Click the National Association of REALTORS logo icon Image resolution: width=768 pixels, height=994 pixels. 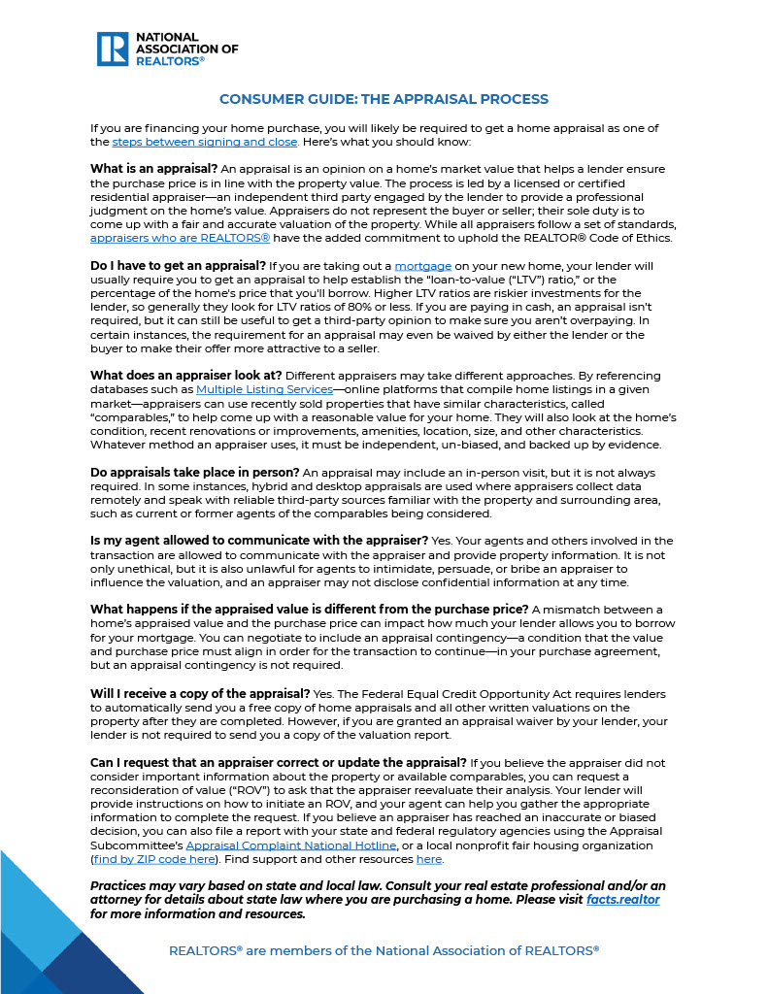tap(113, 49)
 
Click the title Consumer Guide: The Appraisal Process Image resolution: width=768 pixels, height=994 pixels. tap(384, 99)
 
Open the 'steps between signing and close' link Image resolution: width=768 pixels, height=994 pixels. tap(204, 142)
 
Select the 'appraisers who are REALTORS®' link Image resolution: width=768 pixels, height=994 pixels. tap(180, 238)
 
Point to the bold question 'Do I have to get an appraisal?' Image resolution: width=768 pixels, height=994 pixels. tap(178, 266)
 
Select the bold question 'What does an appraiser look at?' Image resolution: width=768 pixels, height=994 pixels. tap(185, 376)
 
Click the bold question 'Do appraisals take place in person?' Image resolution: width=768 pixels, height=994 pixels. tap(195, 472)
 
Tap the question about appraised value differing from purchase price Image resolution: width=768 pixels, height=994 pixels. tap(309, 609)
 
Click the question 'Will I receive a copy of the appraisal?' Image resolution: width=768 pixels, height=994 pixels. tap(200, 694)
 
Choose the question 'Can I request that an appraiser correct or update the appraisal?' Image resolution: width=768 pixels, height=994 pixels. tap(278, 763)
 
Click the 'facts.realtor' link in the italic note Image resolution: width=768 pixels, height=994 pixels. tap(622, 901)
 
